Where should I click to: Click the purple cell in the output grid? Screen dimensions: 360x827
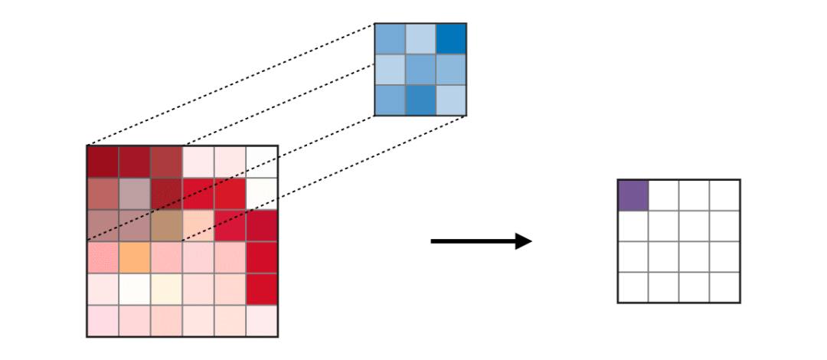click(x=633, y=195)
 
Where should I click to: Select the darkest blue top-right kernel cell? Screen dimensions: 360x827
click(x=451, y=38)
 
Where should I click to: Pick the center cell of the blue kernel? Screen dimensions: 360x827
click(x=420, y=69)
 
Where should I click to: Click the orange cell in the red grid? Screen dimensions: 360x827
click(x=135, y=257)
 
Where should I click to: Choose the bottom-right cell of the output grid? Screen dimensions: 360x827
click(x=724, y=286)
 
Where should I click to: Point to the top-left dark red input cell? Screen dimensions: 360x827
click(x=103, y=162)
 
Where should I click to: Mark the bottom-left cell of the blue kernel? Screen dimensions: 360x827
click(x=390, y=100)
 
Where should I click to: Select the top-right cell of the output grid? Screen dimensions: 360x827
click(x=724, y=195)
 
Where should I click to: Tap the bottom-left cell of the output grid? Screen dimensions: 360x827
click(x=633, y=286)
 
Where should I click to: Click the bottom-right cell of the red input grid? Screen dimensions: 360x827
click(x=262, y=320)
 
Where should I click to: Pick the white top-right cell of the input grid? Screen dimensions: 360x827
click(x=262, y=162)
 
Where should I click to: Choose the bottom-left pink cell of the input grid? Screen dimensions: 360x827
click(x=103, y=320)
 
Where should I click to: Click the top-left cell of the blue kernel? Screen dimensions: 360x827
click(x=390, y=38)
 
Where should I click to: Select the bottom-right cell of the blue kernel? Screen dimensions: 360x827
click(x=451, y=100)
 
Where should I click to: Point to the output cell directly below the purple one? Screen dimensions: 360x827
click(x=633, y=225)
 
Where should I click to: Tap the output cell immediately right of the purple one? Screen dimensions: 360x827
click(x=664, y=195)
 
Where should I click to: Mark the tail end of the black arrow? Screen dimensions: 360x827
click(x=433, y=241)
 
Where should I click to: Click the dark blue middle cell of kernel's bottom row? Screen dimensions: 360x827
click(x=420, y=100)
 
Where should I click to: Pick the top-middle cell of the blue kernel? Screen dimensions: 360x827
click(x=420, y=38)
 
